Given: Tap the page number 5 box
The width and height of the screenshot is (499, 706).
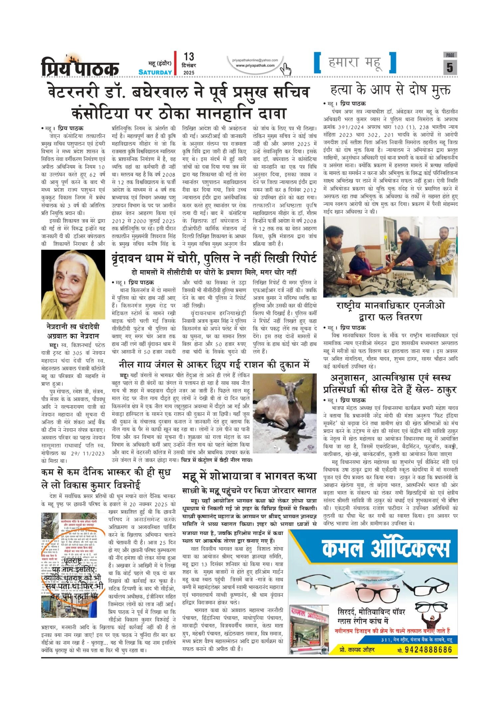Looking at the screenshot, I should pos(449,68).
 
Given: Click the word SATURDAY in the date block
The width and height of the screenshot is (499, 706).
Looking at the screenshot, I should pos(155,72).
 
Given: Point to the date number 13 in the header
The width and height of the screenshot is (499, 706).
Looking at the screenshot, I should pos(189,57).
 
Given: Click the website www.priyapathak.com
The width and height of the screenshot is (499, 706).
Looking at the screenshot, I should pos(255,66).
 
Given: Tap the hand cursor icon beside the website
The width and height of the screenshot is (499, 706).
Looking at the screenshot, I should pos(285,70).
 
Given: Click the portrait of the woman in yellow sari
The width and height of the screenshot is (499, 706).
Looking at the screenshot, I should pos(73,285).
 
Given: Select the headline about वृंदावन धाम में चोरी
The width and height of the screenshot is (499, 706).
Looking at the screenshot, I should pos(214,258).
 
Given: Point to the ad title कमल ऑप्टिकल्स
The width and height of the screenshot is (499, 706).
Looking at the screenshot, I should pos(386,550).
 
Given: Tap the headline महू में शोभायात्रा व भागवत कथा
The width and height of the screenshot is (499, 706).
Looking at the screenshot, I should pos(249,476).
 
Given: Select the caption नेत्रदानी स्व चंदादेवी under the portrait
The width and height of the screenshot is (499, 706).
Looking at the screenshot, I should pos(73,331).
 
